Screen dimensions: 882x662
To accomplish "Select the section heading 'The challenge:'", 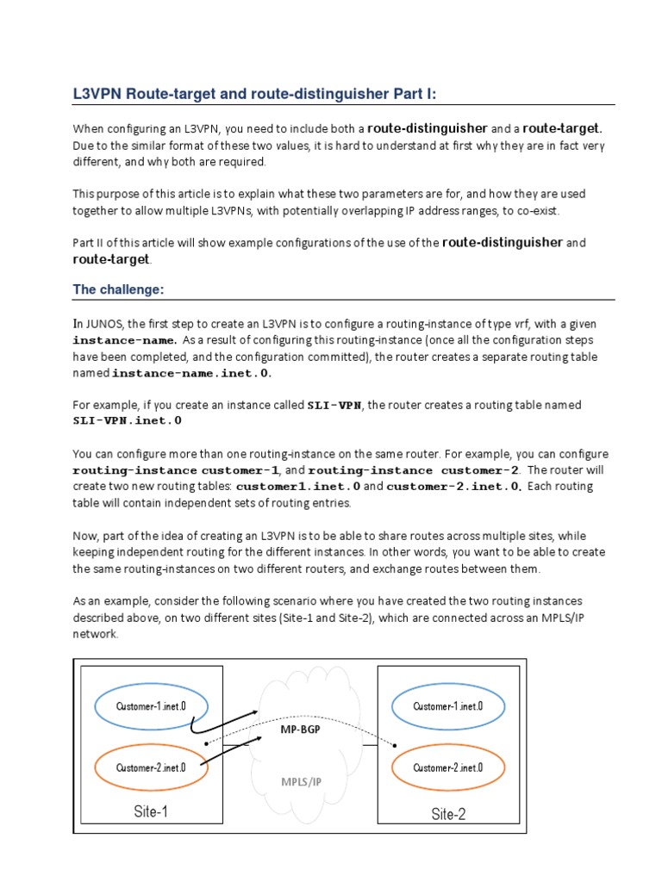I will point(118,289).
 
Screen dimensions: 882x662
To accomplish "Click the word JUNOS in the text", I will point(104,324).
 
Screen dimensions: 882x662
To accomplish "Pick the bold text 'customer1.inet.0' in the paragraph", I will point(303,487).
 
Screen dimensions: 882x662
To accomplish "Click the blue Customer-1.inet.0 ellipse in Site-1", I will point(151,706).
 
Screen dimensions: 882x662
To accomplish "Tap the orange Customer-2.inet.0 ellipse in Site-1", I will point(151,767).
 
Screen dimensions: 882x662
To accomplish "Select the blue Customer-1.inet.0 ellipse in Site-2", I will point(447,706).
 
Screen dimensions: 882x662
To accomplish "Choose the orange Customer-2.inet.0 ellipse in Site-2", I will point(447,767).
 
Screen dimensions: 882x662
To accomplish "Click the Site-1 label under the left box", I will point(151,812).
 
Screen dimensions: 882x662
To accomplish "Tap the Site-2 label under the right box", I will point(448,814).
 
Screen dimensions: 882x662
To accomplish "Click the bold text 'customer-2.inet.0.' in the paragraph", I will point(454,487).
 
